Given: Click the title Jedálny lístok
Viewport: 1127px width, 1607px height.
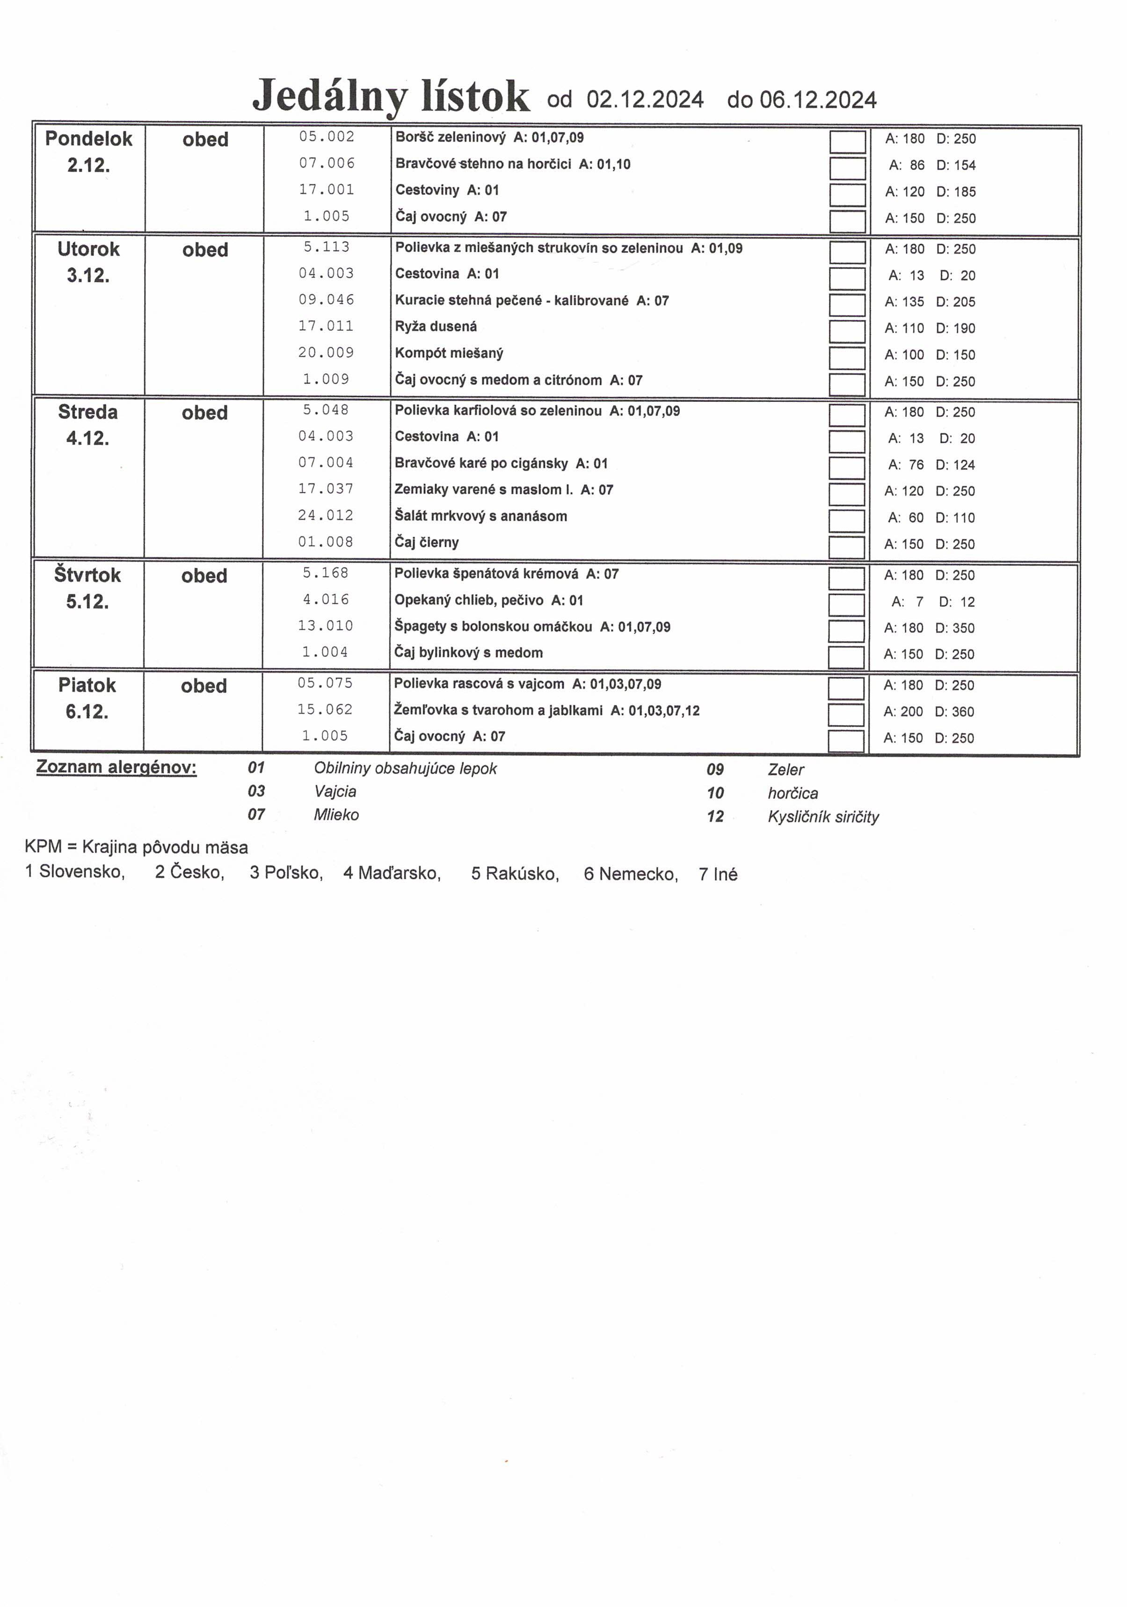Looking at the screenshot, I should point(391,96).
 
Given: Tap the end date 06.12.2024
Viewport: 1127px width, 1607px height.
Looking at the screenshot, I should point(818,100).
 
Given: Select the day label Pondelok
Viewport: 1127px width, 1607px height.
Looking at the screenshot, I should point(88,138).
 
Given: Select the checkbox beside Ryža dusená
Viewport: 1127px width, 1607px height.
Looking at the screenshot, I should point(846,331).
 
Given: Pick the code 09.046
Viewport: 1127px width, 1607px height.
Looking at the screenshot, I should point(326,299).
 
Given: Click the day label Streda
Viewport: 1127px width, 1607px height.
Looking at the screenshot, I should point(87,412).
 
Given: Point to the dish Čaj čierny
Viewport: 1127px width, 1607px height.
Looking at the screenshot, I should point(426,542).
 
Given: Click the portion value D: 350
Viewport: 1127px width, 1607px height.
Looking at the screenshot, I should point(955,628).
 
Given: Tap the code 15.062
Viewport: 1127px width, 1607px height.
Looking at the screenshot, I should point(324,710).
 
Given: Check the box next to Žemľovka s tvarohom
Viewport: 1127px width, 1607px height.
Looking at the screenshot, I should point(845,714).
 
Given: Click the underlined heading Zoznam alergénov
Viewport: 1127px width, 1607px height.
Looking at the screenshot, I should point(116,767).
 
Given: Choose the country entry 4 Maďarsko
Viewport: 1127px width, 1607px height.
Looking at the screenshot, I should point(392,873).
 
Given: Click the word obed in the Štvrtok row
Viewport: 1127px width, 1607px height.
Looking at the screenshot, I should point(204,576).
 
